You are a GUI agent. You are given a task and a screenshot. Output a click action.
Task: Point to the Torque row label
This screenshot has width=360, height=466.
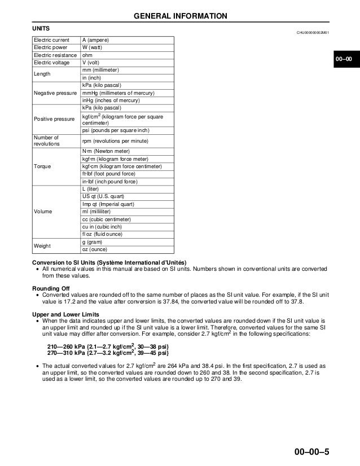tap(42, 166)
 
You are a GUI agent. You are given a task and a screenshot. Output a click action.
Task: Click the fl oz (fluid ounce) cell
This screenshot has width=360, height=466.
tap(102, 234)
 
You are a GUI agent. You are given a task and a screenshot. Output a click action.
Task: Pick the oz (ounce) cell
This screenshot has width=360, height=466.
tap(94, 249)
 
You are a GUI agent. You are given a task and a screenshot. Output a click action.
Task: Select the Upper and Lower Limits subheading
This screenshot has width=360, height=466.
tap(68, 313)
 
